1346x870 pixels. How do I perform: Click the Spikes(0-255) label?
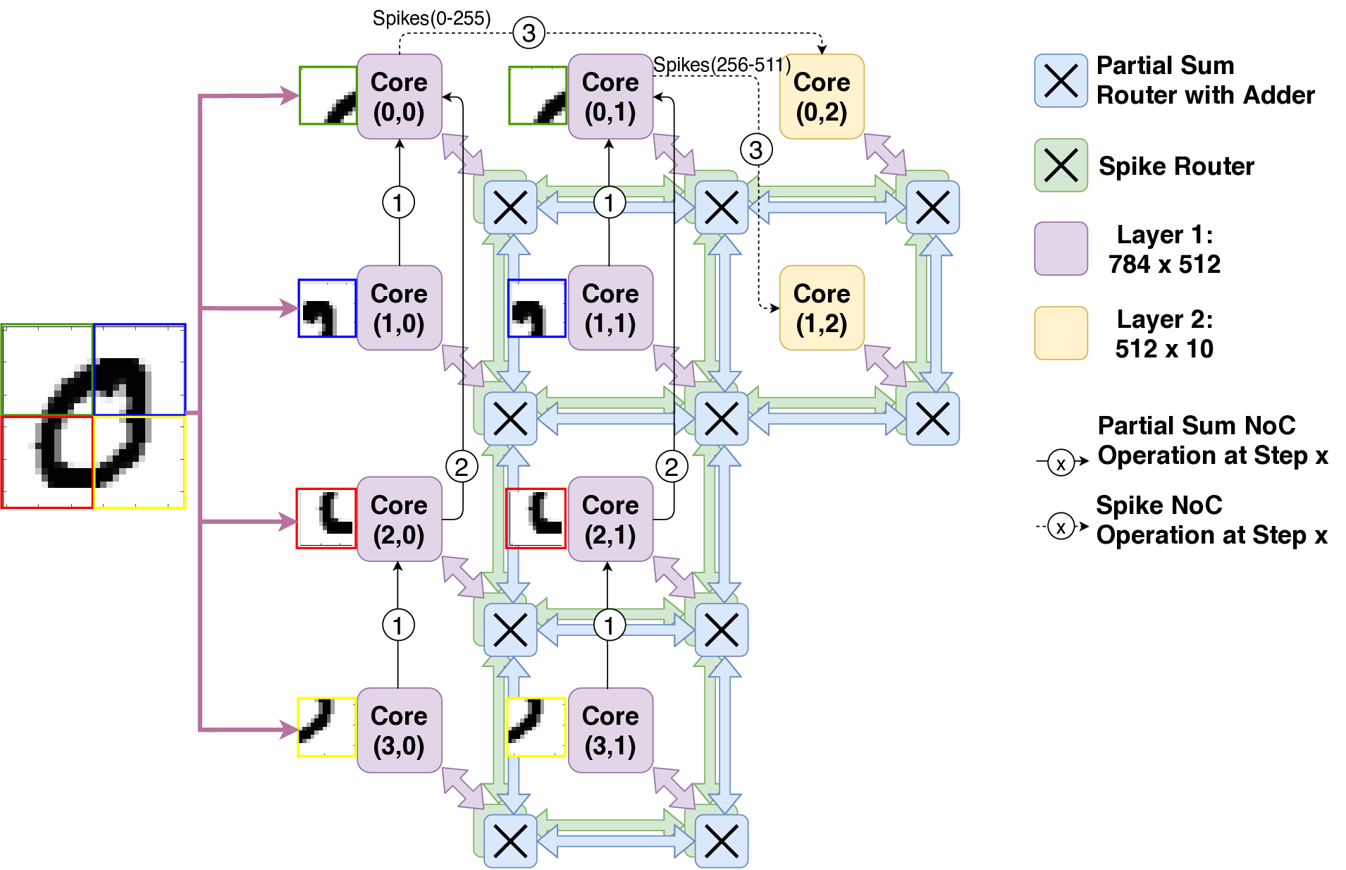click(x=431, y=18)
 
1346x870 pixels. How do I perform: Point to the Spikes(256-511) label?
click(x=722, y=65)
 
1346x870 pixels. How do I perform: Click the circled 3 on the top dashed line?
click(x=529, y=32)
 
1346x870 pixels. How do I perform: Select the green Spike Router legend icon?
click(x=1061, y=166)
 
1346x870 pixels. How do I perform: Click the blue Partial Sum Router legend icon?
click(x=1061, y=80)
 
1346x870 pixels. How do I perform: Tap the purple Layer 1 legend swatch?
click(x=1061, y=248)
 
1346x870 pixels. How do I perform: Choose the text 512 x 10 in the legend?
click(x=1164, y=348)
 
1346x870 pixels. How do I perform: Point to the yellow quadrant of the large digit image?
click(x=140, y=462)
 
